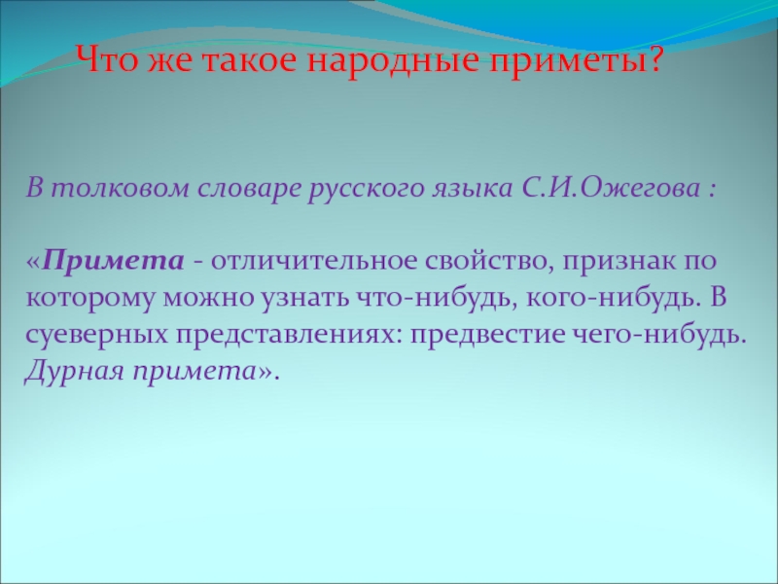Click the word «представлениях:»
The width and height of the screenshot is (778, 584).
pyautogui.click(x=288, y=334)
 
